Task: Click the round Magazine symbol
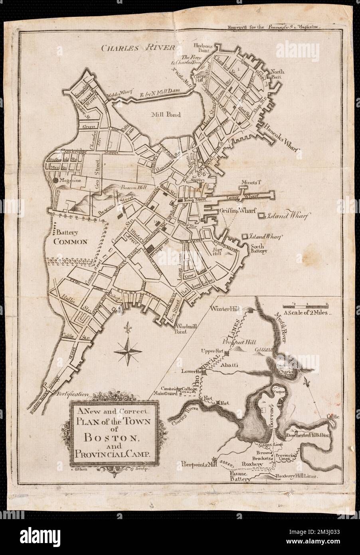tap(55, 181)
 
